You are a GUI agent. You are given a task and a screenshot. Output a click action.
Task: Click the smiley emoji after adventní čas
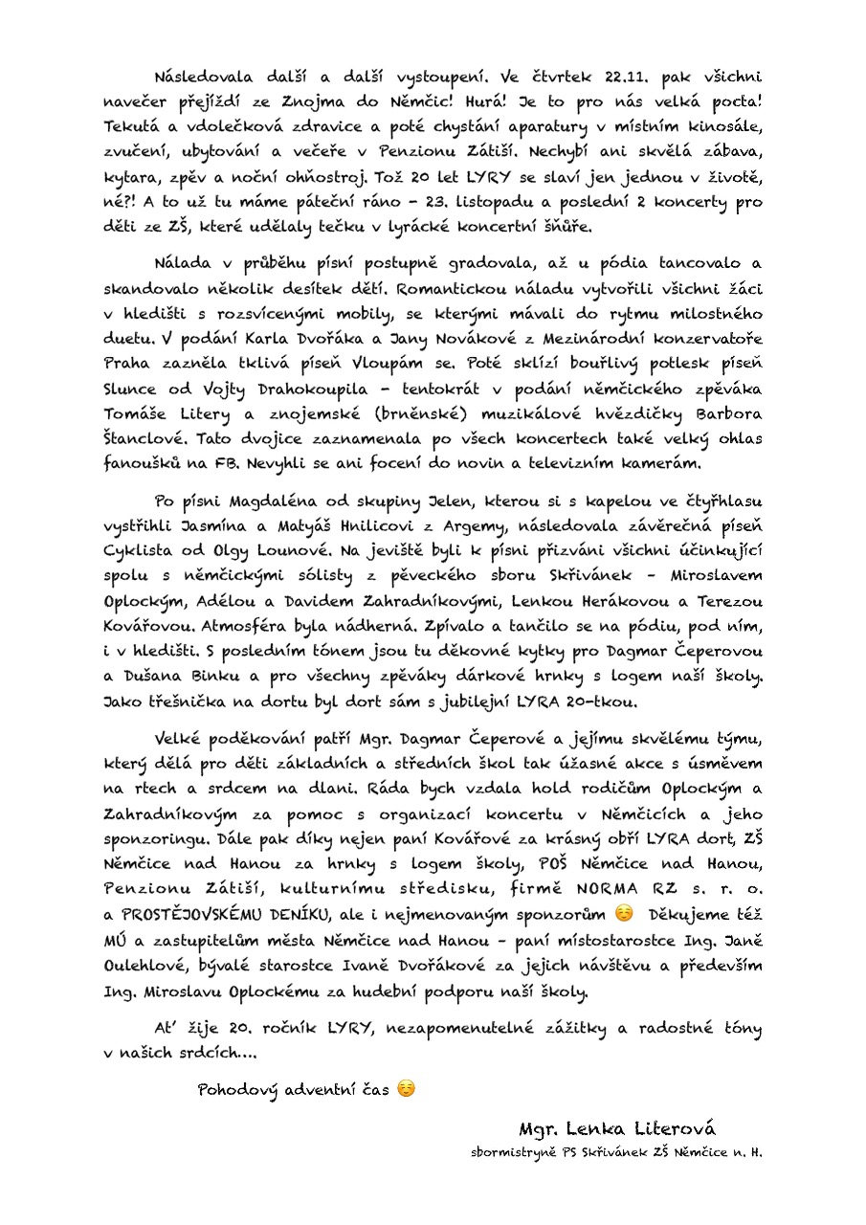coord(406,1089)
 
